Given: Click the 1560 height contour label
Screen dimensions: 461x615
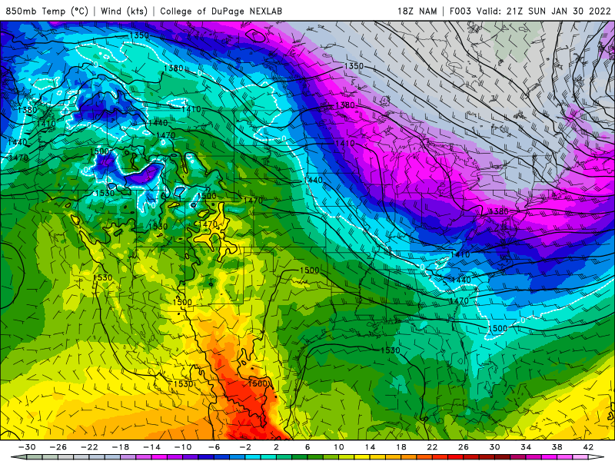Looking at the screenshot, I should (258, 383).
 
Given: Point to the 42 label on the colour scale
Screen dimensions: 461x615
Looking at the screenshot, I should (588, 447).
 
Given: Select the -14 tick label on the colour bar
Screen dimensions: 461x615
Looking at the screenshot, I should (154, 447).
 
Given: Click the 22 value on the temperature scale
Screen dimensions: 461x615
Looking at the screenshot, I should (433, 447).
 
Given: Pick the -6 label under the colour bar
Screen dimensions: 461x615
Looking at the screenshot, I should (216, 447).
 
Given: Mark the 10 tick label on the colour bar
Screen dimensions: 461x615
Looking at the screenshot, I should (340, 447).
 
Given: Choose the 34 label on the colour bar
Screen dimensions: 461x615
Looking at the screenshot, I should (526, 447).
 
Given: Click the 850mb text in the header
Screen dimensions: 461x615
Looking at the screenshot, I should (22, 12).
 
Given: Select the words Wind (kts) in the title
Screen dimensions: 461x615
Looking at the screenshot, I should (123, 12).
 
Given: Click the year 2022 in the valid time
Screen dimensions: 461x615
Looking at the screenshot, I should (597, 12).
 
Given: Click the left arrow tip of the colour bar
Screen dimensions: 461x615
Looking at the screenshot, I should (5, 457).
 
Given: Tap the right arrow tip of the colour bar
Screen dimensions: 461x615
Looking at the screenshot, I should (610, 457).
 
